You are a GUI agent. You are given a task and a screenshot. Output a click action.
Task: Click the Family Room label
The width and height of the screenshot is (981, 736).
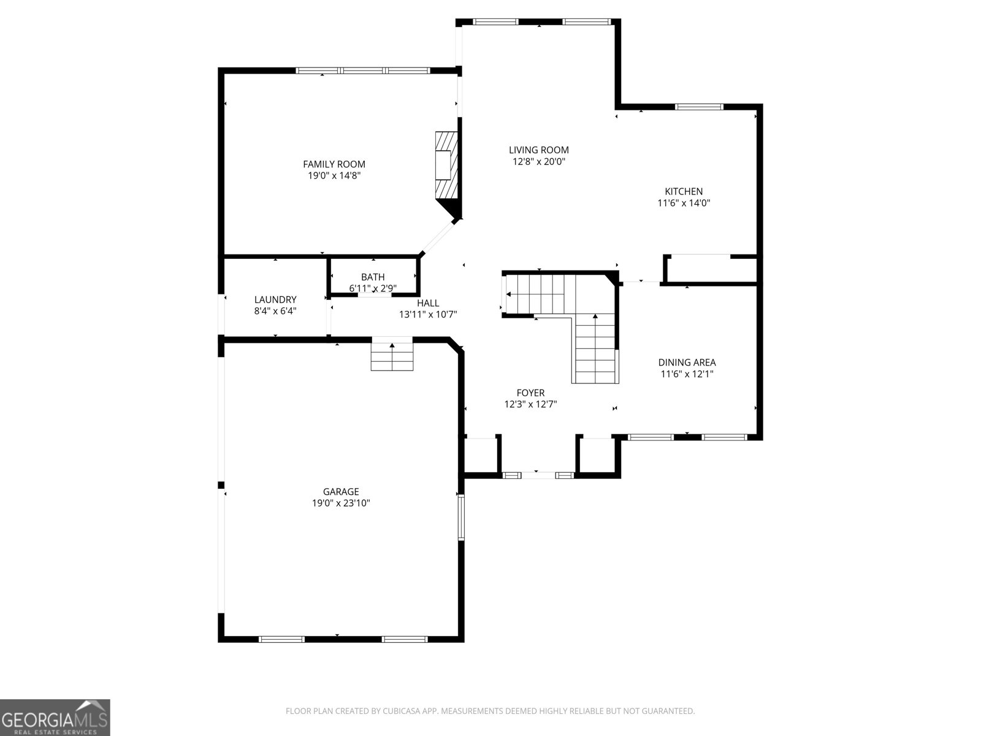point(334,164)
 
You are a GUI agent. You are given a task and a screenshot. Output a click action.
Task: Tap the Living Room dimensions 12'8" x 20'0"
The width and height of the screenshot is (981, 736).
point(539,162)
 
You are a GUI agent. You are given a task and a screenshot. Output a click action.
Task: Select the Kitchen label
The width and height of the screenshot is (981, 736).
point(684,191)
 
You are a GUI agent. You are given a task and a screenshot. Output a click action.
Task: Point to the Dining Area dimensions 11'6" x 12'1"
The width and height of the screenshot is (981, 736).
point(687,374)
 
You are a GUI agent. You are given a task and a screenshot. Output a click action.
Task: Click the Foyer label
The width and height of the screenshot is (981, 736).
point(530,393)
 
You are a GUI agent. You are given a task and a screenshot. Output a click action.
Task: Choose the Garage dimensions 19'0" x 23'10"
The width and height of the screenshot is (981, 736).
point(341,504)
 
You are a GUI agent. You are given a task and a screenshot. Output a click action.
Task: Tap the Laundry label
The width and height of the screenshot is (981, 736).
point(275,299)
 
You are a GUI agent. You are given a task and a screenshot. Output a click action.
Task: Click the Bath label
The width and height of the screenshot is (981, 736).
point(373,277)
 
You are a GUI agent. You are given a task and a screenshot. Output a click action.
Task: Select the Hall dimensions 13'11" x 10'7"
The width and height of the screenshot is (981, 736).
point(428,315)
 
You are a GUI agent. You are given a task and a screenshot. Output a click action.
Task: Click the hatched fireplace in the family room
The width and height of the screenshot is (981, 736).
point(446,164)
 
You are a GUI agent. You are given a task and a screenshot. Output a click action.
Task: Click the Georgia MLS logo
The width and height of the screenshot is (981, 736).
point(55,718)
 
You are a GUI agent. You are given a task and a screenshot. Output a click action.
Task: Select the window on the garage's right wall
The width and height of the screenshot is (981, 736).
point(461,518)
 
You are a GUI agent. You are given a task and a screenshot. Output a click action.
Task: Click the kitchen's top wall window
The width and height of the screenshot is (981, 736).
point(699,107)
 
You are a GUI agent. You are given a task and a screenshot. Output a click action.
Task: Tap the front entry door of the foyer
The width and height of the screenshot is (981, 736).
point(538,475)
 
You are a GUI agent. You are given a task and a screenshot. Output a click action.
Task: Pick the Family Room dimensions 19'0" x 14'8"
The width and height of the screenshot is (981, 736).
point(334,175)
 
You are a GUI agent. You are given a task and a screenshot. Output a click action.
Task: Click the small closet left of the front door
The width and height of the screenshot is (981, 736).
point(481,455)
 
